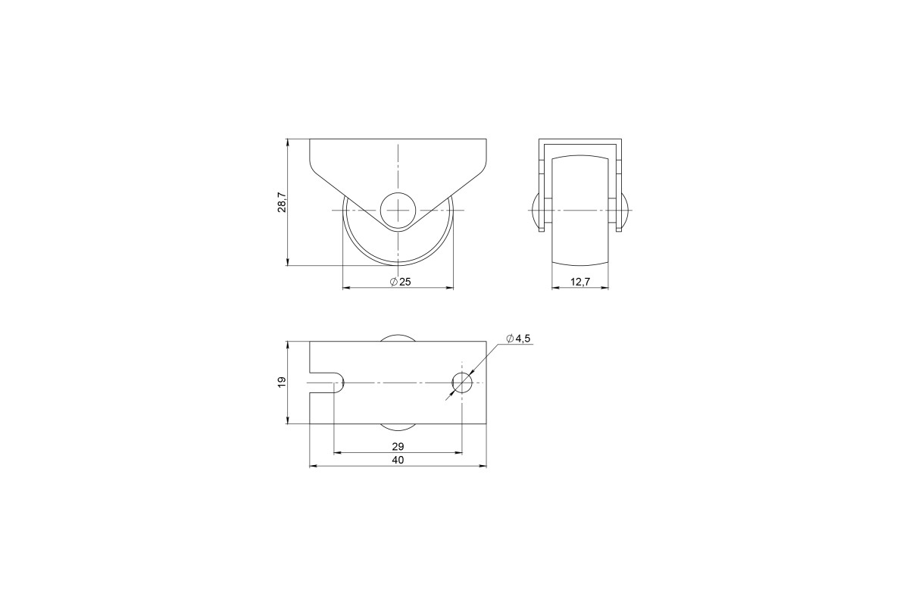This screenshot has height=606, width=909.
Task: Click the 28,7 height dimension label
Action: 282,202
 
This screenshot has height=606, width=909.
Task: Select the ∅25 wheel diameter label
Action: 401,282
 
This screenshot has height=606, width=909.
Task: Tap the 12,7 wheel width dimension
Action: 580,282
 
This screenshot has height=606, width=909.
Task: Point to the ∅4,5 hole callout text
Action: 518,339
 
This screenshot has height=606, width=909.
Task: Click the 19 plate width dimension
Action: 282,382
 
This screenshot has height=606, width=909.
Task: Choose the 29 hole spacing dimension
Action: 398,446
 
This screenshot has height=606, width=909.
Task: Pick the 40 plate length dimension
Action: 398,461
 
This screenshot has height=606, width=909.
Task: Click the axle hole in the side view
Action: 398,211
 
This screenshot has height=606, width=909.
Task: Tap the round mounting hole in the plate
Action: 462,383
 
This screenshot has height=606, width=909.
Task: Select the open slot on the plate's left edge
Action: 326,383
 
